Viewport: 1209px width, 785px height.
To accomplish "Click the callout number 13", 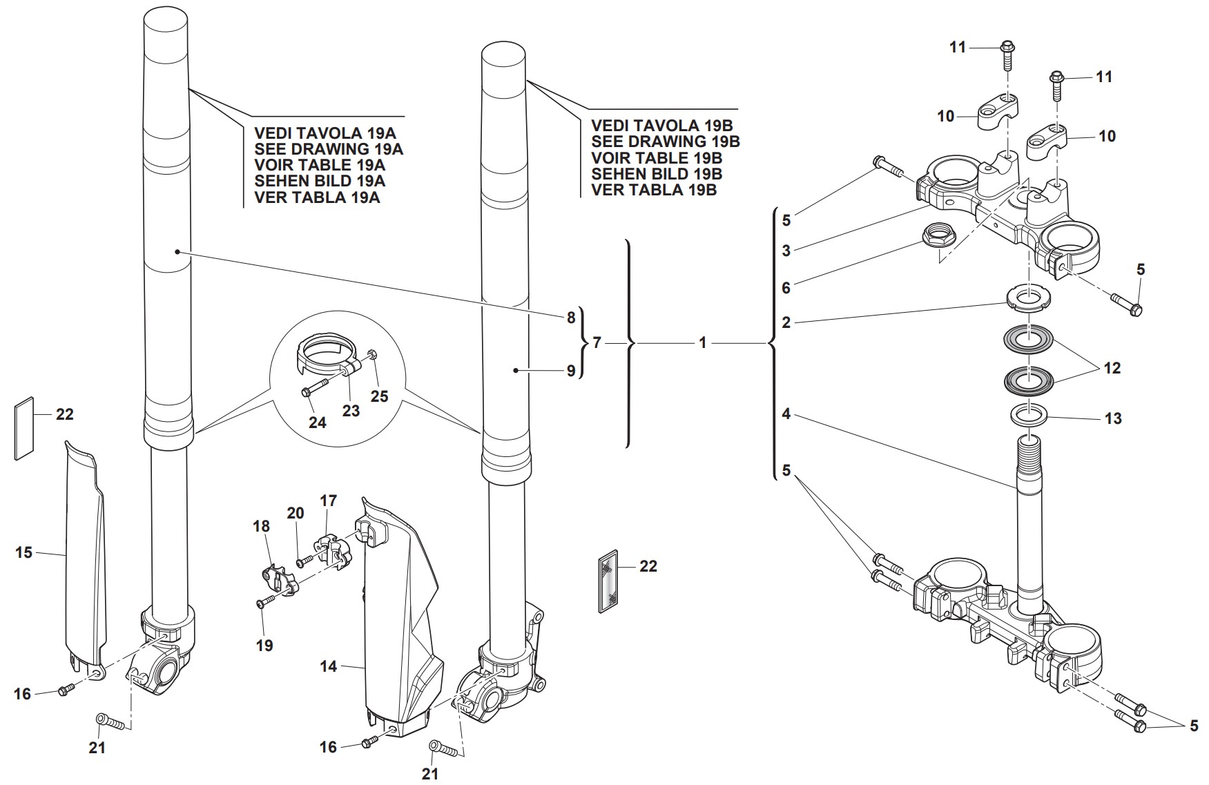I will coord(1113,418).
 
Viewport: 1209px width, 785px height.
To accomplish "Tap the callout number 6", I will coord(786,287).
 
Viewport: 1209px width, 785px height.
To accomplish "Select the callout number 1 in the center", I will coord(702,342).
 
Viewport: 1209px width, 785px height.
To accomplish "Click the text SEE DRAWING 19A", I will coord(329,149).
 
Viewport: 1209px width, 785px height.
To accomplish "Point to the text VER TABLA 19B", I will coord(654,190).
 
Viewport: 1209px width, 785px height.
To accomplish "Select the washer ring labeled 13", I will coord(1029,416).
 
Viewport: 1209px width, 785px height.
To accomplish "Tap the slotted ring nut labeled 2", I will coord(1028,298).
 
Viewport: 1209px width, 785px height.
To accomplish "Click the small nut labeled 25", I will coord(372,355).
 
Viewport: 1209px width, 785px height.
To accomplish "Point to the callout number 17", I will coord(328,500).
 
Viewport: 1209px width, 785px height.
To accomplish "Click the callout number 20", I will coord(296,513).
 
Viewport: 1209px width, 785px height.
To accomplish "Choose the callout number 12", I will coord(1112,368).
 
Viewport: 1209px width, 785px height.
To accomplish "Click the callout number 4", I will coord(786,414).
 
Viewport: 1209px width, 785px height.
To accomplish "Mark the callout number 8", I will coord(570,318).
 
